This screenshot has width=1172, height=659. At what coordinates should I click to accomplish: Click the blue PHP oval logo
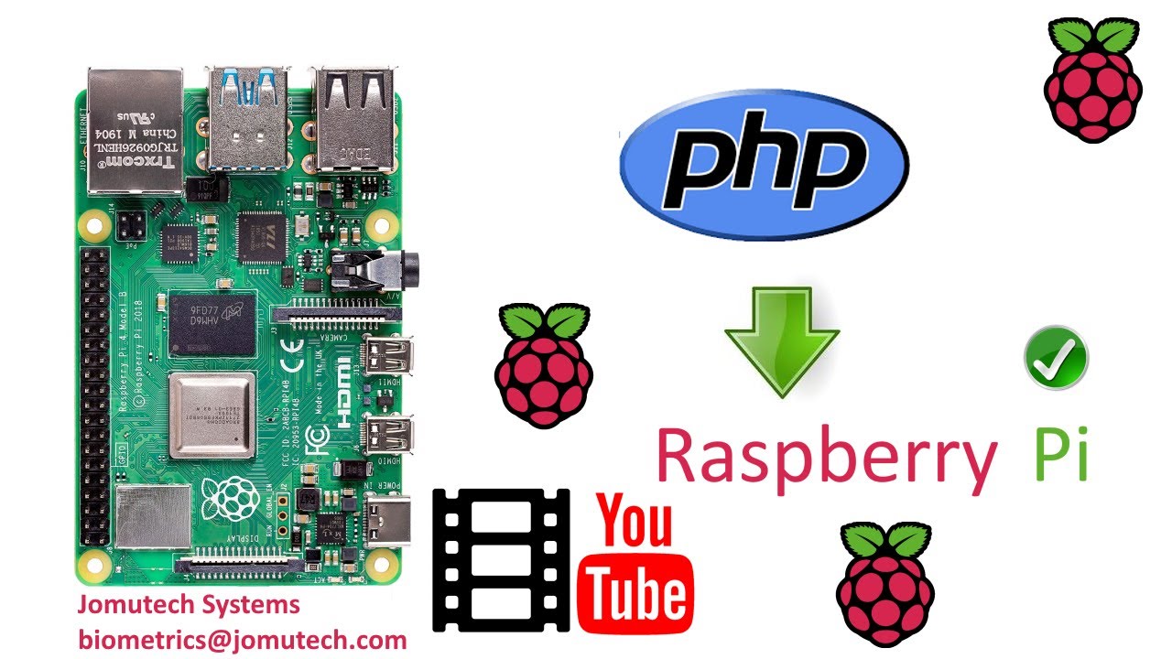click(x=764, y=166)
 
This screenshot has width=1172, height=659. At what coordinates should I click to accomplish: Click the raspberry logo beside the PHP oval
click(x=1092, y=80)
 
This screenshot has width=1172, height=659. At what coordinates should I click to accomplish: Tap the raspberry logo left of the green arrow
click(x=543, y=366)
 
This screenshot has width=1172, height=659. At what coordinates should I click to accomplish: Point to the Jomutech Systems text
click(x=188, y=604)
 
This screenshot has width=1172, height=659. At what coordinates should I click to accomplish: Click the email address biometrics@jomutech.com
click(x=242, y=639)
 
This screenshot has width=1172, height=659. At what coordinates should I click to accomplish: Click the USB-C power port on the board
click(x=389, y=519)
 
